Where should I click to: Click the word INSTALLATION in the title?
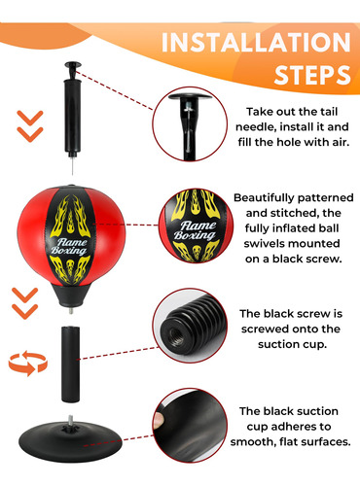tap(256, 42)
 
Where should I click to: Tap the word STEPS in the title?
tap(312, 75)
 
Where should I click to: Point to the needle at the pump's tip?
tap(72, 165)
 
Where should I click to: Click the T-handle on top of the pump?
tap(72, 66)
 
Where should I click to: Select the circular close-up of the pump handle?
tap(190, 124)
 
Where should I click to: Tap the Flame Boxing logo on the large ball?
tap(69, 246)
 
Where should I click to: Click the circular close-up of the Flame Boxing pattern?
tap(196, 226)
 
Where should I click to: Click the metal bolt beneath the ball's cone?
tap(71, 310)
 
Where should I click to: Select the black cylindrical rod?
tap(71, 364)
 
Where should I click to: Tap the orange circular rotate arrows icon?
tap(28, 364)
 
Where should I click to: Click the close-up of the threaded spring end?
tap(190, 326)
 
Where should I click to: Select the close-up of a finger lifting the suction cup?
tap(190, 426)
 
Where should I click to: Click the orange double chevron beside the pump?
tap(30, 126)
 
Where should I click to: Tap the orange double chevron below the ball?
tap(25, 303)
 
